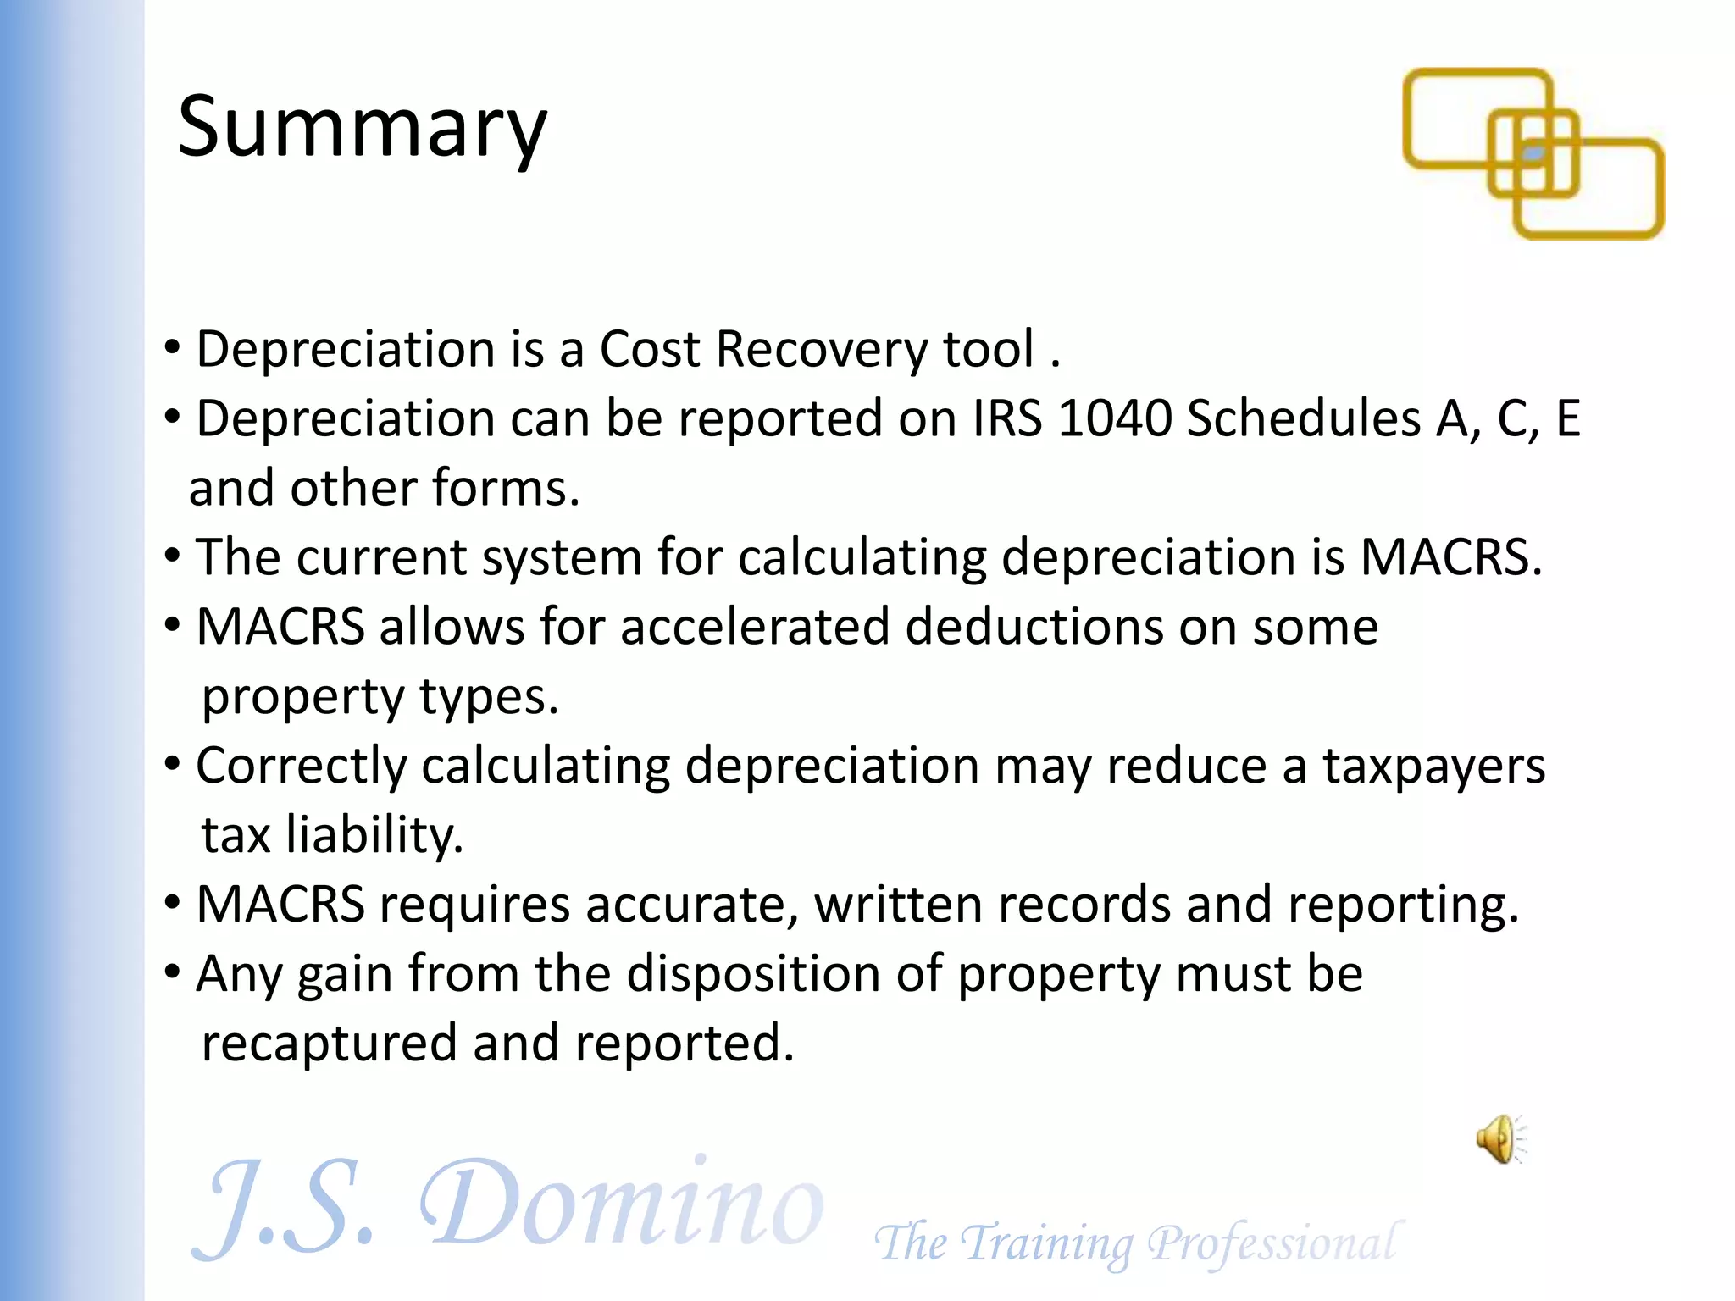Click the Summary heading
[363, 127]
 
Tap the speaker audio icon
[1500, 1139]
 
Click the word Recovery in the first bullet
[822, 349]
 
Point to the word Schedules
[1303, 418]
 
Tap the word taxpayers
[1434, 766]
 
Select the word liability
[374, 835]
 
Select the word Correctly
[301, 767]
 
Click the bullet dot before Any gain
[172, 972]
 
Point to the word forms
[506, 489]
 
